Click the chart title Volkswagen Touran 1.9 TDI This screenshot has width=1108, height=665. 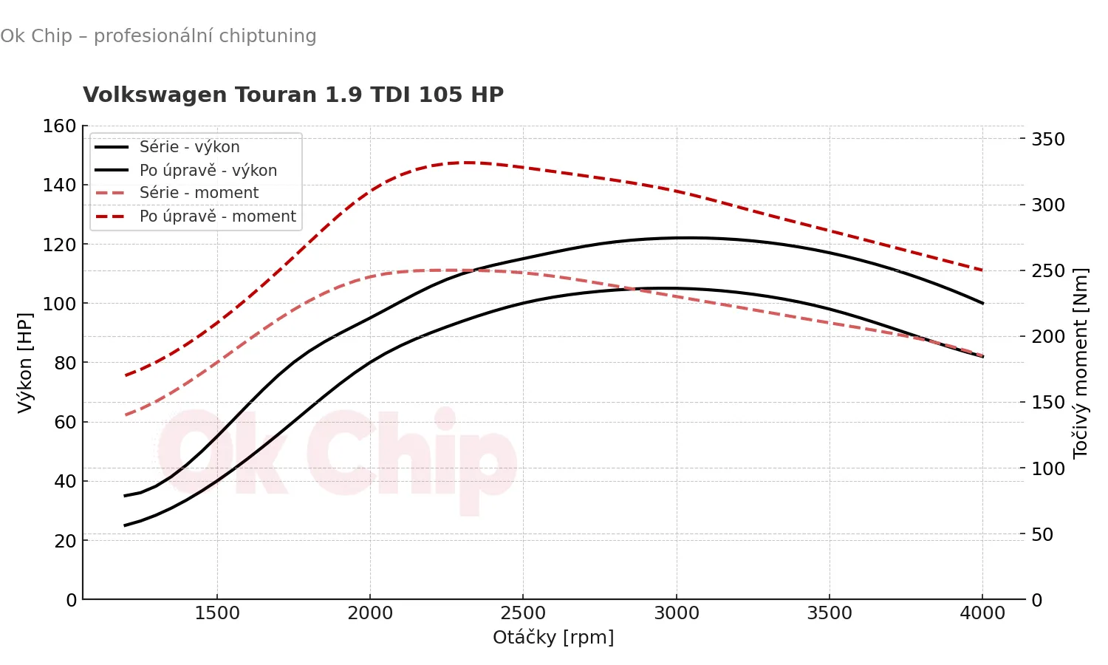pos(293,95)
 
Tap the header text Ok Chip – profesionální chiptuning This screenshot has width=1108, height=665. pos(158,36)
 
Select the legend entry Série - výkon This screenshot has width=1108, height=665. pos(189,147)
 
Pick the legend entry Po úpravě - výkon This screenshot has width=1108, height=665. pos(208,171)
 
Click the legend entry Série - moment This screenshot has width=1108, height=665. pos(199,193)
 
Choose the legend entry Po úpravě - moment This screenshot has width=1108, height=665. pos(217,216)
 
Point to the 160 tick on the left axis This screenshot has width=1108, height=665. pos(60,126)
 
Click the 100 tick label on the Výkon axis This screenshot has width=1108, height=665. pos(60,304)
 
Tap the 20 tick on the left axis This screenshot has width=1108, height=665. pos(66,541)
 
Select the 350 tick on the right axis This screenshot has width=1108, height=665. pos(1048,140)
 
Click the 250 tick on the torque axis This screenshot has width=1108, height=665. pos(1048,271)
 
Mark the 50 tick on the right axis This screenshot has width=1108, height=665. pos(1042,534)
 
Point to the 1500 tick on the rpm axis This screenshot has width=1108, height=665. pos(217,613)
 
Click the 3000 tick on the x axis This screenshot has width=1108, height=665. pos(677,613)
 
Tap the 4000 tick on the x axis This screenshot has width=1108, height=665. pos(982,613)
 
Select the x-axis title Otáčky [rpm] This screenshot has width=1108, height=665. pos(553,637)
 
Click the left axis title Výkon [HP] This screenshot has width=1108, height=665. pos(25,362)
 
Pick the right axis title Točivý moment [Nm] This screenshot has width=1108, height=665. pos(1081,362)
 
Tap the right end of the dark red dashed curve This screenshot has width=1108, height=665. pos(982,270)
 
